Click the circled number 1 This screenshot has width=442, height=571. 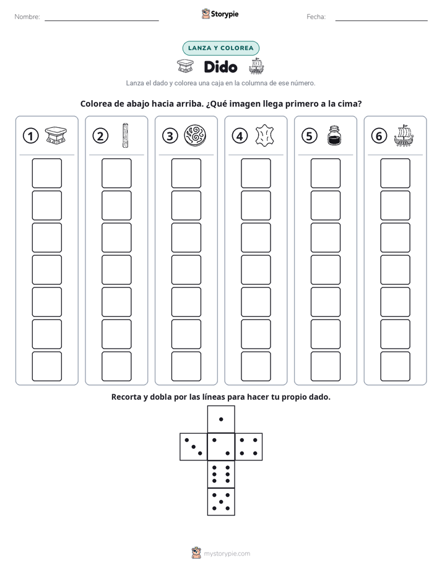coord(30,136)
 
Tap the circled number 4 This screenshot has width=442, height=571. coord(240,136)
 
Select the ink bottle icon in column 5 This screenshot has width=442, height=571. coord(334,136)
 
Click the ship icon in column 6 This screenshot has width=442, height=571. coord(404,135)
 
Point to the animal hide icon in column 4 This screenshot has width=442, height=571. coord(264,136)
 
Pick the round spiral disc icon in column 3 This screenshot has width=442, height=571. coord(195,136)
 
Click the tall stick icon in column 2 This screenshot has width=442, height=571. coord(125,135)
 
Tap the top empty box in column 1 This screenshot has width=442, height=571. coord(46,173)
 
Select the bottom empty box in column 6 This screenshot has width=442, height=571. coord(395,366)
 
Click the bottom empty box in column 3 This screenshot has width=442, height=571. coord(186,366)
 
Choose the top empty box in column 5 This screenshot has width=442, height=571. coord(325,173)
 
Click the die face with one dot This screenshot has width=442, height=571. coord(221,420)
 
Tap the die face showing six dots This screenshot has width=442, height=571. coord(221,474)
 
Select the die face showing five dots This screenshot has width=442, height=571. coord(221,502)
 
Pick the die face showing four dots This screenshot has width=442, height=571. coord(249,447)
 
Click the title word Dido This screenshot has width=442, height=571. coord(220,67)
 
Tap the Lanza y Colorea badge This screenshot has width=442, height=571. coord(220,48)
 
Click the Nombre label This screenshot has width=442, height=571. coord(27,17)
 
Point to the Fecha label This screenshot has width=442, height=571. coord(316,17)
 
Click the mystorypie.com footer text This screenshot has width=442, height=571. coord(227,554)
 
